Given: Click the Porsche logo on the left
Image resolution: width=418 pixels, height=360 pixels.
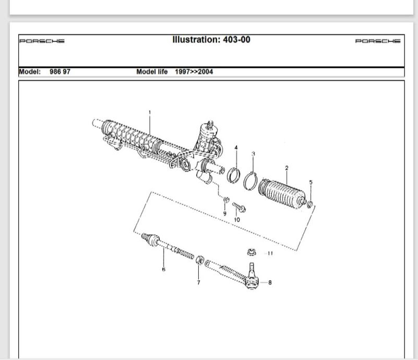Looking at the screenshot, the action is (42, 41).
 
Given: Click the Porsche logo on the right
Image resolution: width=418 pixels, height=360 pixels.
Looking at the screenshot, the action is (378, 41).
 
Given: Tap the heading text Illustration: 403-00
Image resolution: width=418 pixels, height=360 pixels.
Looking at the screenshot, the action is (211, 40).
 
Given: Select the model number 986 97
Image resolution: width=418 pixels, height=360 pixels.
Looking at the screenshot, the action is (60, 71).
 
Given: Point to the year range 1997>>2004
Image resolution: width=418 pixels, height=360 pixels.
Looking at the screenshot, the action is (194, 71).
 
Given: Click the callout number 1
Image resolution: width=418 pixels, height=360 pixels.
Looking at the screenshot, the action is (150, 113).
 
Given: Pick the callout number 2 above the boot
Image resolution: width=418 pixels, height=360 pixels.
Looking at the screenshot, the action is (286, 168).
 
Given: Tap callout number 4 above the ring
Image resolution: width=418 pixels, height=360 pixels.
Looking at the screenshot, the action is (236, 148).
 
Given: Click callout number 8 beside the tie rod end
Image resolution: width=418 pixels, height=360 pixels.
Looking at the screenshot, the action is (270, 282).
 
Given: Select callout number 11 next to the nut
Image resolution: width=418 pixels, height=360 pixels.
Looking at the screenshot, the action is (270, 253).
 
